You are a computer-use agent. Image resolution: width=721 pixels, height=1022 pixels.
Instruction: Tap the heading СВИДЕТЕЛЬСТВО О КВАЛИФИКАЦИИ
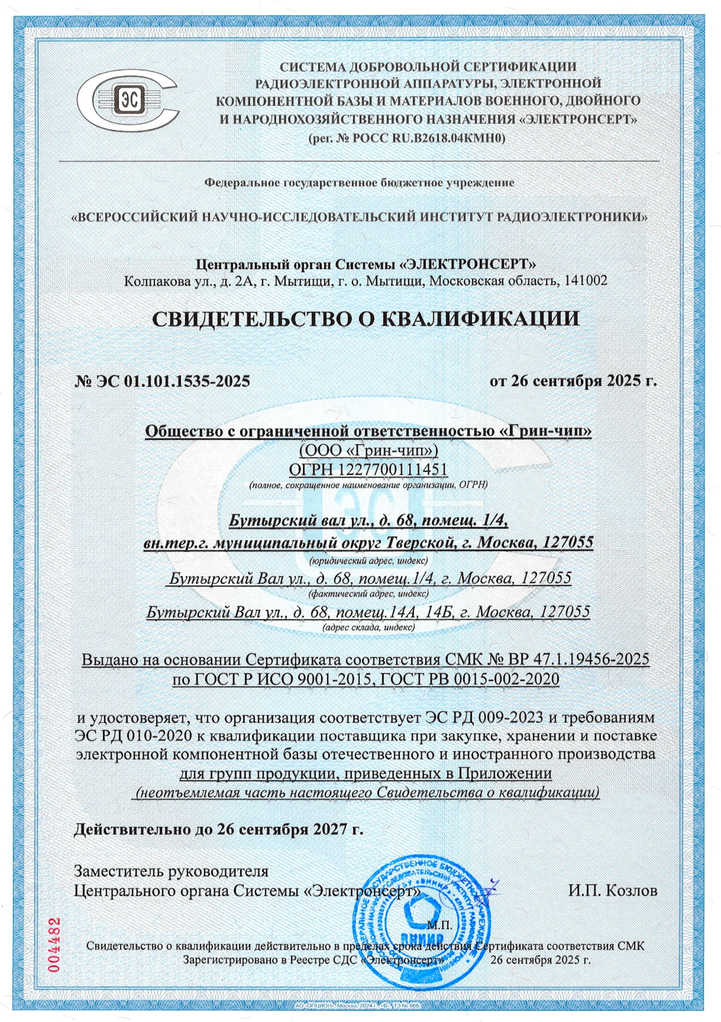(365, 319)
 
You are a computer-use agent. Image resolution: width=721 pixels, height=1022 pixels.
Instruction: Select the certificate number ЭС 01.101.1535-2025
(172, 381)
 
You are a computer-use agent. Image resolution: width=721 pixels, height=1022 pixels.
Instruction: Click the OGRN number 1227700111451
(392, 469)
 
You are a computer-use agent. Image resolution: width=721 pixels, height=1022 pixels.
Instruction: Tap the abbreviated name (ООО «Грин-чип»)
(368, 450)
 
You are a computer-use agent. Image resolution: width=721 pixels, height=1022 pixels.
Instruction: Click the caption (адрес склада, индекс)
(369, 627)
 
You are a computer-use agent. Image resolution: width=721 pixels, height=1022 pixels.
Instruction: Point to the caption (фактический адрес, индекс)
(368, 593)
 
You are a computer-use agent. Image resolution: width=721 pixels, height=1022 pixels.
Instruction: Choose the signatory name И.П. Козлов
(612, 890)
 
